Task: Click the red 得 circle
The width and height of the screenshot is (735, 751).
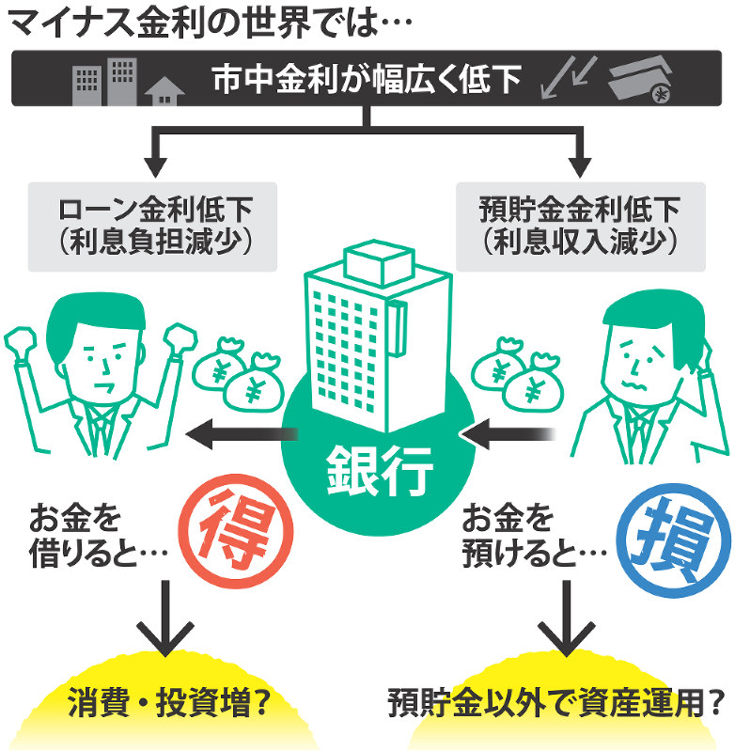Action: (x=229, y=532)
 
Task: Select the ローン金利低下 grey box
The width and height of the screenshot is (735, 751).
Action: (x=155, y=226)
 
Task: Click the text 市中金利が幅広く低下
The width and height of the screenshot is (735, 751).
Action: (x=367, y=80)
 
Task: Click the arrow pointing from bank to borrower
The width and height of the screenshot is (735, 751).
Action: (x=241, y=433)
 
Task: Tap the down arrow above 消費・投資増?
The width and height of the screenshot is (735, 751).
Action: (x=164, y=620)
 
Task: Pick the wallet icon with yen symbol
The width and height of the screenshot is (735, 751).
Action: (x=642, y=83)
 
